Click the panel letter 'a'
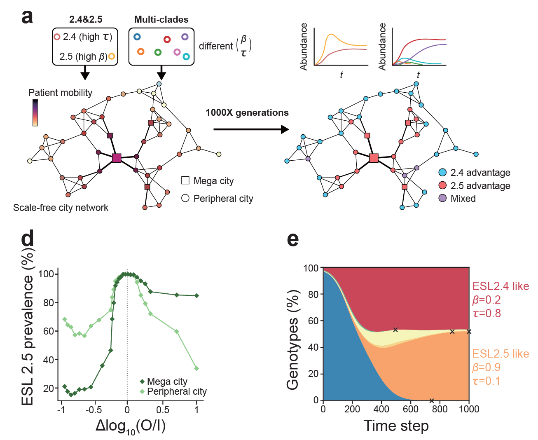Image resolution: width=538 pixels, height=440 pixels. (27, 17)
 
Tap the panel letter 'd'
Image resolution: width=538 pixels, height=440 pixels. (28, 239)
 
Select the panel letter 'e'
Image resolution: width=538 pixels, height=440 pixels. (292, 239)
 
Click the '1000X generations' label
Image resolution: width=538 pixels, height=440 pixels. (247, 112)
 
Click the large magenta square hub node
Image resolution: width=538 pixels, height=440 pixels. (117, 158)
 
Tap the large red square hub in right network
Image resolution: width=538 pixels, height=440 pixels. (374, 158)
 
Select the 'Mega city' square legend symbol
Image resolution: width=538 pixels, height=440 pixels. (185, 180)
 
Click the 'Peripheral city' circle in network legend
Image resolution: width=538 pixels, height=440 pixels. (185, 198)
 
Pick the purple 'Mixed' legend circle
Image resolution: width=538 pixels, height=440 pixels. (442, 198)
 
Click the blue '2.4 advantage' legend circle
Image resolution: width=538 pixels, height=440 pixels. (442, 172)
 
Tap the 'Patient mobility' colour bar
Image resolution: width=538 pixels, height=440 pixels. (35, 112)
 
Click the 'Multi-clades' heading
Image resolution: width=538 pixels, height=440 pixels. (161, 19)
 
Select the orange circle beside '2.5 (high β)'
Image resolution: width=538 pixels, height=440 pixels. (112, 56)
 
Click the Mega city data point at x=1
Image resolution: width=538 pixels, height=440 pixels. (196, 295)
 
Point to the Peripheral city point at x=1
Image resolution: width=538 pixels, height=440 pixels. (196, 368)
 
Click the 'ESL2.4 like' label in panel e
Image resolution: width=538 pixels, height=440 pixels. (500, 286)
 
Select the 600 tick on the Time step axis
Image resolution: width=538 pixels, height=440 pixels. (410, 409)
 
